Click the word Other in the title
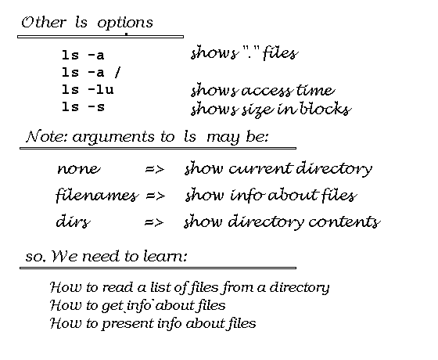pyautogui.click(x=44, y=23)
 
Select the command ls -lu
pyautogui.click(x=88, y=90)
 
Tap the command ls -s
pyautogui.click(x=83, y=106)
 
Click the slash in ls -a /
pyautogui.click(x=117, y=72)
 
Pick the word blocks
pyautogui.click(x=325, y=109)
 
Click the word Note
pyautogui.click(x=47, y=136)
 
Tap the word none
pyautogui.click(x=78, y=169)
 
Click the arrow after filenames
pyautogui.click(x=156, y=196)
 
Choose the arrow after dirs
pyautogui.click(x=154, y=222)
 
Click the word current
pyautogui.click(x=260, y=168)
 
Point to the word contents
pyautogui.click(x=344, y=222)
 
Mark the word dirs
pyautogui.click(x=74, y=221)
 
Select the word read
pyautogui.click(x=117, y=288)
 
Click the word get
pyautogui.click(x=113, y=306)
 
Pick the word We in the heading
pyautogui.click(x=64, y=256)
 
